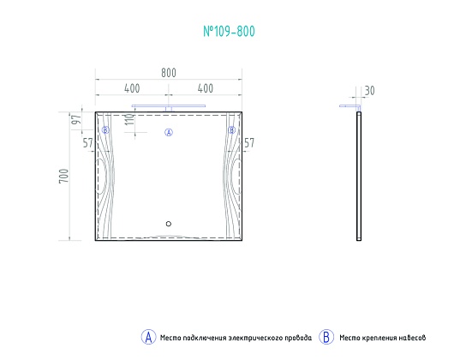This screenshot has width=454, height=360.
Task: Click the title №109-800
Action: click(x=229, y=31)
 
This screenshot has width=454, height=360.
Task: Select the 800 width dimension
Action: click(x=169, y=73)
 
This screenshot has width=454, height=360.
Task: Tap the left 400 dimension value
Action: click(x=132, y=88)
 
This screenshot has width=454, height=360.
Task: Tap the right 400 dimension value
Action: click(x=206, y=88)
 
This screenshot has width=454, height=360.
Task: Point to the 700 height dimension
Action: click(x=63, y=176)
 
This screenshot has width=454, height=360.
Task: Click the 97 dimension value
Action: click(x=76, y=120)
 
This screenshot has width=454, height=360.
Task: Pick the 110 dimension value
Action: click(x=129, y=119)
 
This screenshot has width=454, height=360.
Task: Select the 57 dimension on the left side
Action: click(x=87, y=143)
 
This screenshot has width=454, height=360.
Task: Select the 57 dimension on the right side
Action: click(x=249, y=143)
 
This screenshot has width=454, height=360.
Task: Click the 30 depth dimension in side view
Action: click(x=369, y=91)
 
